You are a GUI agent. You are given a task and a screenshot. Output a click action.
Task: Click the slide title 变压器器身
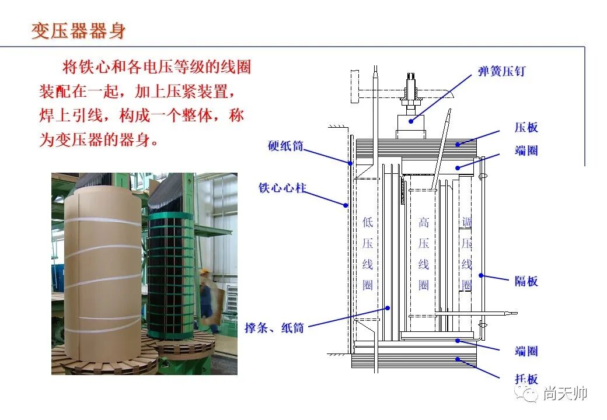tap(78, 30)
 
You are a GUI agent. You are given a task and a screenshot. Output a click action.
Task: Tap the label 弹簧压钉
tap(501, 71)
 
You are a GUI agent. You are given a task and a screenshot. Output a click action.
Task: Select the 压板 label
tap(526, 127)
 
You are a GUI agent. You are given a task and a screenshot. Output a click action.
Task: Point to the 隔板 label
tap(526, 281)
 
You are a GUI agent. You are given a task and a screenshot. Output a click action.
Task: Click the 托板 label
tap(526, 379)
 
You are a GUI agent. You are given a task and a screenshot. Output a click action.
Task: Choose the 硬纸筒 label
tap(285, 146)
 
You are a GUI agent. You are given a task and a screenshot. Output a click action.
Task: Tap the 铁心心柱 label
tap(282, 188)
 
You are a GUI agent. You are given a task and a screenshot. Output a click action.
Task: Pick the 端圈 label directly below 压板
tap(526, 150)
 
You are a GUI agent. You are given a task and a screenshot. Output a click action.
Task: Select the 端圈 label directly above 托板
tap(526, 351)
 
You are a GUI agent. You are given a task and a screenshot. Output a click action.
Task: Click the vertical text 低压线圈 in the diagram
tap(367, 253)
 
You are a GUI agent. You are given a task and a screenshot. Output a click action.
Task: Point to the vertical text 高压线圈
tap(424, 253)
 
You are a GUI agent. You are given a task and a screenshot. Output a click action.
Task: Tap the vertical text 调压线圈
tap(466, 253)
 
